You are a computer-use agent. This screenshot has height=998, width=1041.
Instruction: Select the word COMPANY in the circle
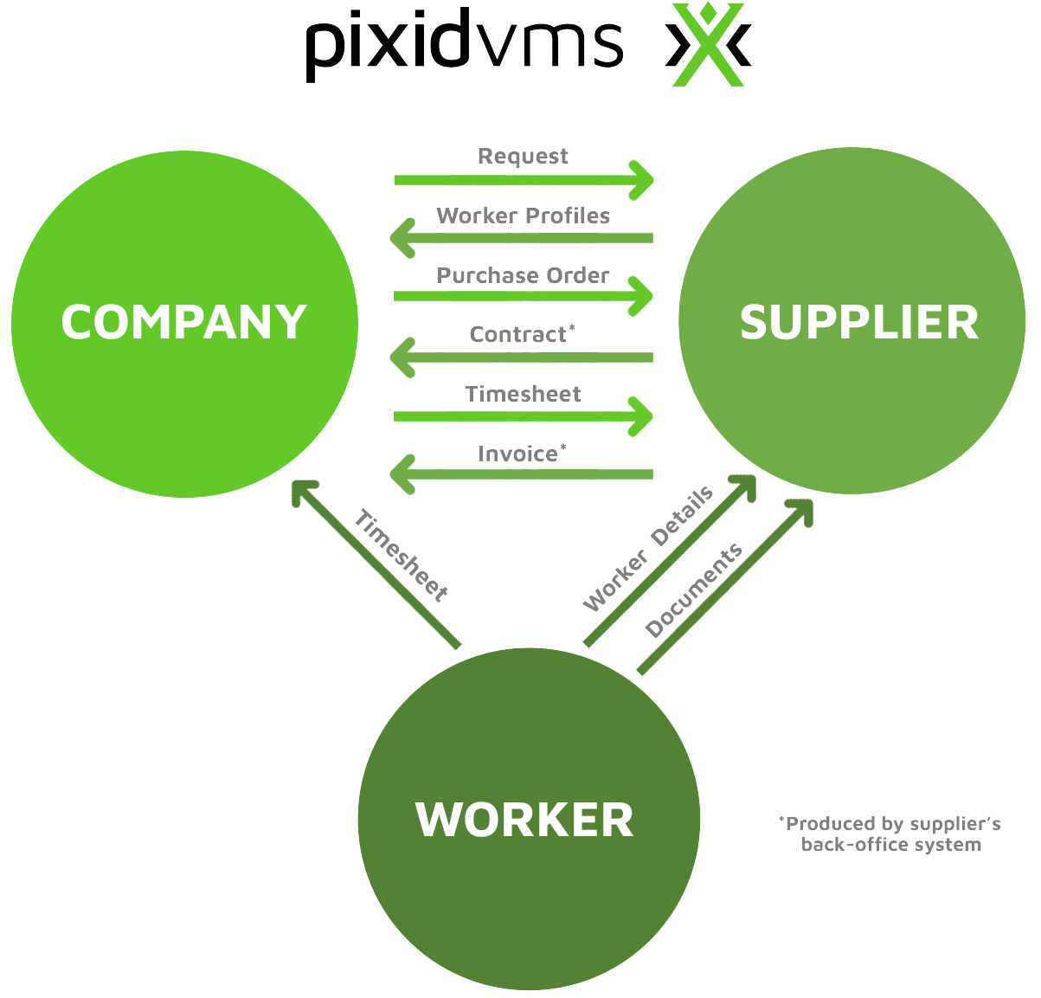pyautogui.click(x=184, y=322)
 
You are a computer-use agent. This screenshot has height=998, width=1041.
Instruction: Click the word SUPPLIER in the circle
pyautogui.click(x=858, y=322)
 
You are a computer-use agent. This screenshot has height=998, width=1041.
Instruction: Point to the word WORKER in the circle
pyautogui.click(x=524, y=819)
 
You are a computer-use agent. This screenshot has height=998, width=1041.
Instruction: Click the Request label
pyautogui.click(x=523, y=157)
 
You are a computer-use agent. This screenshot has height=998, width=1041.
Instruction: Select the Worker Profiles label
pyautogui.click(x=523, y=216)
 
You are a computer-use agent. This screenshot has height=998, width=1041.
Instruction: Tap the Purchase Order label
pyautogui.click(x=523, y=275)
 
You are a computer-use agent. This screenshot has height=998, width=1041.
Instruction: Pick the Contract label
pyautogui.click(x=519, y=335)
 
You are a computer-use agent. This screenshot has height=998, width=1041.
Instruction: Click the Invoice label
pyautogui.click(x=519, y=454)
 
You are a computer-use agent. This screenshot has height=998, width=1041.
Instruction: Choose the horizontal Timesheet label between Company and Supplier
pyautogui.click(x=523, y=395)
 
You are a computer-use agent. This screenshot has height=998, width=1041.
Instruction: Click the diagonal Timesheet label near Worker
pyautogui.click(x=401, y=556)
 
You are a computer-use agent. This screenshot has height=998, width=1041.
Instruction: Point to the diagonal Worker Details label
pyautogui.click(x=648, y=549)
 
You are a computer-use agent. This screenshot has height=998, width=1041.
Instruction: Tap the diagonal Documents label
pyautogui.click(x=693, y=590)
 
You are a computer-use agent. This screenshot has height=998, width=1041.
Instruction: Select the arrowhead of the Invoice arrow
pyautogui.click(x=402, y=474)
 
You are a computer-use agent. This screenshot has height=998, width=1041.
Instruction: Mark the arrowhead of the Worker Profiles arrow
pyautogui.click(x=402, y=238)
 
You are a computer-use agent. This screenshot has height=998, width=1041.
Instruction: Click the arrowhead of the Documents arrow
pyautogui.click(x=800, y=511)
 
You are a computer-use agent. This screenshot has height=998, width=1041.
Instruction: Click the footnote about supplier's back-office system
pyautogui.click(x=891, y=834)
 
